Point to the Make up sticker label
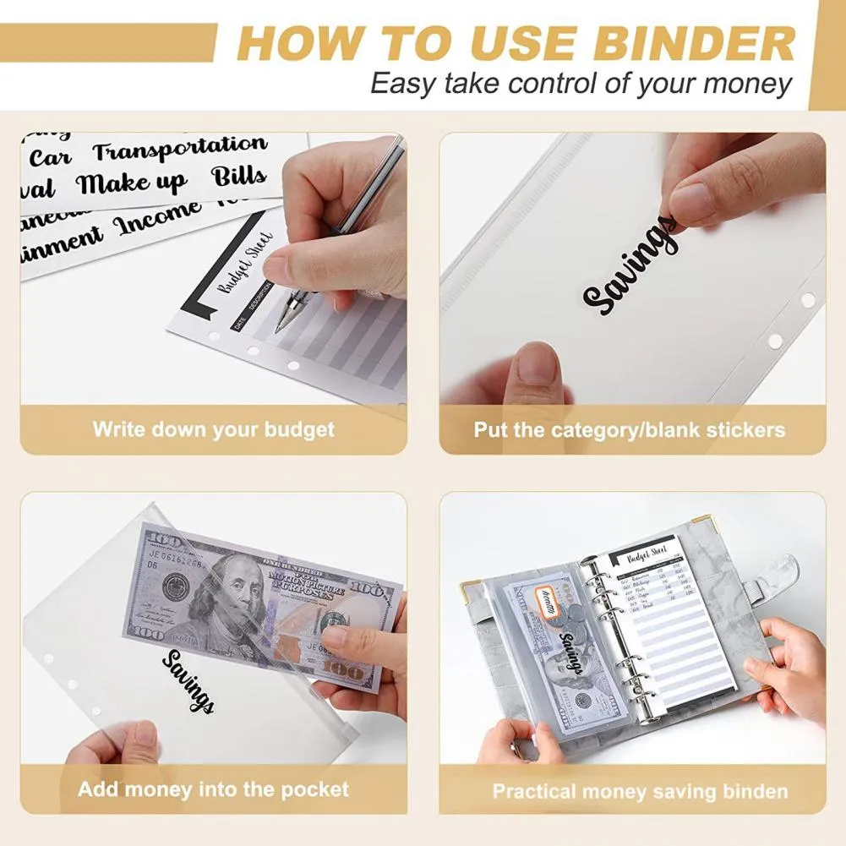(x=132, y=183)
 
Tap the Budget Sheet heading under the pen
(x=246, y=263)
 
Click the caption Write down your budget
(x=213, y=429)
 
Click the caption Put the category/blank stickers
(x=629, y=430)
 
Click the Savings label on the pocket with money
(x=188, y=681)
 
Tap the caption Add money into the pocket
(x=213, y=790)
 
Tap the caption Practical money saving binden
(x=640, y=792)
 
